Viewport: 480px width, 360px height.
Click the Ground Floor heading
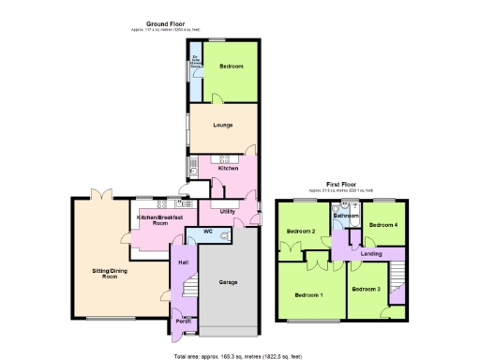tap(165, 22)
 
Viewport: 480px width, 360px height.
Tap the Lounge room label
tap(223, 125)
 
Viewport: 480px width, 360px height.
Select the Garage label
tap(228, 281)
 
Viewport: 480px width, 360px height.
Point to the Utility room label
tap(227, 212)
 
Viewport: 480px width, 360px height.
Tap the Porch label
tap(185, 321)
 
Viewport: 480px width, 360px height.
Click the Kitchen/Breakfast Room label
tap(152, 220)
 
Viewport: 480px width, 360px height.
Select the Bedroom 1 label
tap(308, 295)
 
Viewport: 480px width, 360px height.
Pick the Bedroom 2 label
tap(300, 232)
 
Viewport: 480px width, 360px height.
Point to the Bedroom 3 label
tap(366, 289)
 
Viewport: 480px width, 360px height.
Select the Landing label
tap(371, 254)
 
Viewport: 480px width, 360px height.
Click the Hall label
tap(184, 262)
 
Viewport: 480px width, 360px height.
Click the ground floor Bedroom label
tap(232, 67)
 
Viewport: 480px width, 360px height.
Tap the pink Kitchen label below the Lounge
tap(229, 168)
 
